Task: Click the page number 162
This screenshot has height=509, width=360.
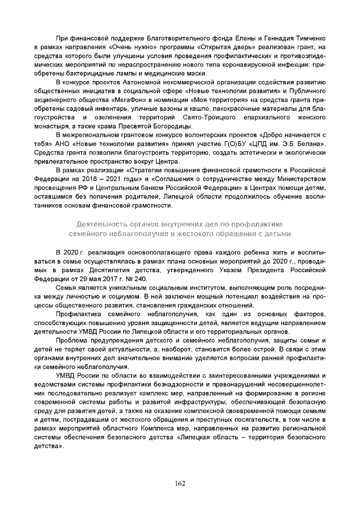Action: click(180, 483)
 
